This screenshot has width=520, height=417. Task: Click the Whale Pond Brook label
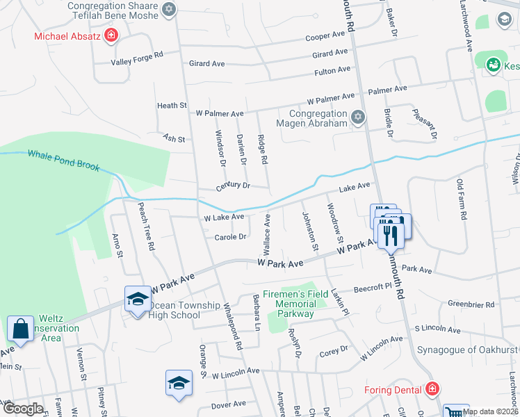[64, 161]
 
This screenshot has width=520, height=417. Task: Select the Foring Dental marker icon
[432, 389]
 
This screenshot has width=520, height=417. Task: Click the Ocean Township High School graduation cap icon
[138, 300]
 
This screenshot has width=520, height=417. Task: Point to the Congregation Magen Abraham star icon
[358, 116]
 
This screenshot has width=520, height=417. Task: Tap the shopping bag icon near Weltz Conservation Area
[21, 327]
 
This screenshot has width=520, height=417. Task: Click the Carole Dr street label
[231, 237]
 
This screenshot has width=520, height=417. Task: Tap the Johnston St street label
[309, 231]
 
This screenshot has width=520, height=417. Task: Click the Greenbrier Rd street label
[471, 304]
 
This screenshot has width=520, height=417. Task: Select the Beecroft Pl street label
[374, 286]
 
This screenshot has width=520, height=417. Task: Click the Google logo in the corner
[23, 409]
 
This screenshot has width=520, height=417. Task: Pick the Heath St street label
[172, 106]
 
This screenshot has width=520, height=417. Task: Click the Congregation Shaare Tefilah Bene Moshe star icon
[169, 10]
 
